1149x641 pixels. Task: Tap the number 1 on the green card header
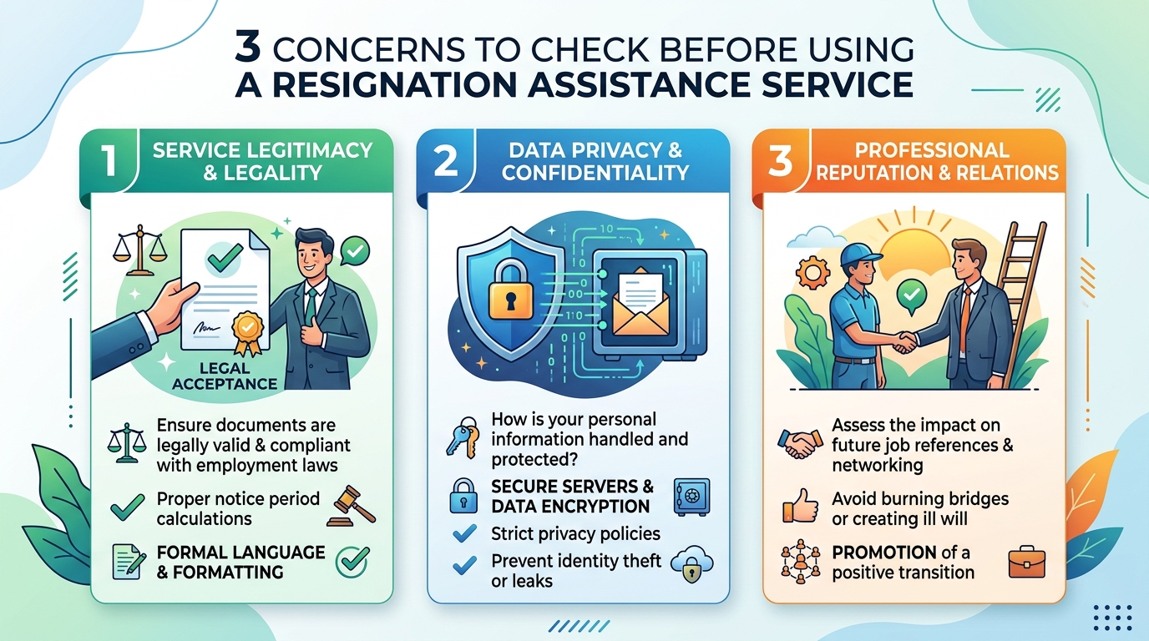(109, 160)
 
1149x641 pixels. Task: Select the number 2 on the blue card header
(446, 160)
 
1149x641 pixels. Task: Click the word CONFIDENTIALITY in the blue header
(595, 173)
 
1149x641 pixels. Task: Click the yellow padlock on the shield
(511, 290)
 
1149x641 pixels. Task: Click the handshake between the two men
(904, 341)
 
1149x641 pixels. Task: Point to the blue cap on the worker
(859, 254)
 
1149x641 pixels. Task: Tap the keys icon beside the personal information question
(463, 437)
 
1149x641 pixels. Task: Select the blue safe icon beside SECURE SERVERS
(691, 497)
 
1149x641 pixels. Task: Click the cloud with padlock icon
(692, 564)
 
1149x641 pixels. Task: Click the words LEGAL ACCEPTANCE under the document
(225, 376)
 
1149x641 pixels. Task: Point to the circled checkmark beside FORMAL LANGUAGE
(352, 562)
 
